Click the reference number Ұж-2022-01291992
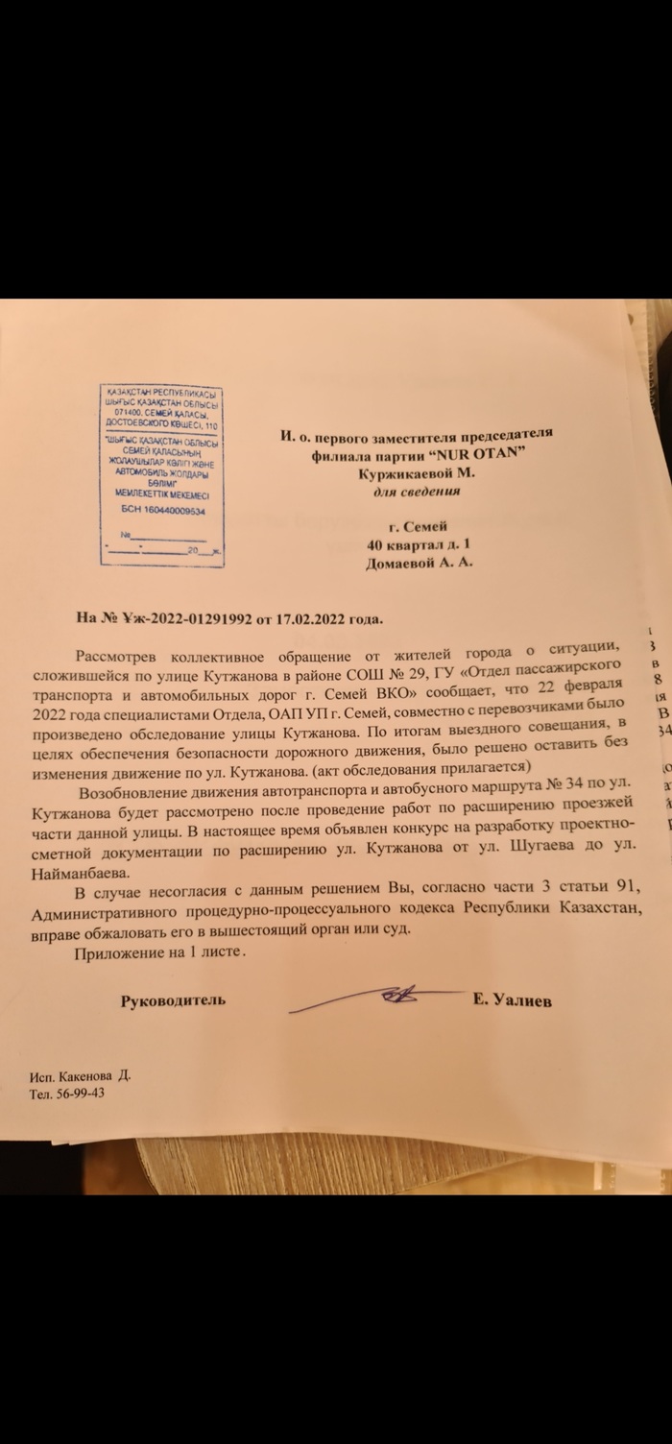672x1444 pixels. [182, 618]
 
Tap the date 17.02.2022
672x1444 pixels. [308, 618]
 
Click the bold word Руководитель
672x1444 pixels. [173, 1000]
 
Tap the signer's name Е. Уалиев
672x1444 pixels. [512, 999]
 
